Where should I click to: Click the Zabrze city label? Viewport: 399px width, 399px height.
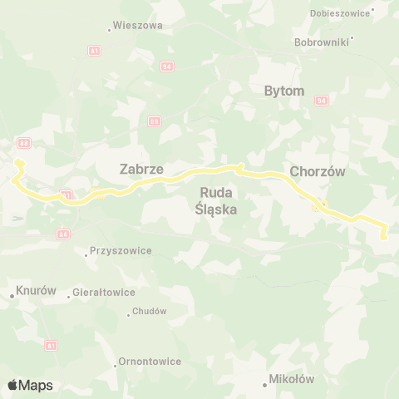[x=141, y=169]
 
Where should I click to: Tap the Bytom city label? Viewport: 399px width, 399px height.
[x=284, y=91]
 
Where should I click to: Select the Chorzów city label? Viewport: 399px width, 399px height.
[x=317, y=171]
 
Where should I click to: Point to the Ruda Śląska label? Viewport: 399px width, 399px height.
[x=218, y=201]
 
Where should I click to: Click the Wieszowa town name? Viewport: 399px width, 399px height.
[x=137, y=26]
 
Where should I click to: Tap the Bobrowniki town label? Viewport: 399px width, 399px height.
[x=322, y=41]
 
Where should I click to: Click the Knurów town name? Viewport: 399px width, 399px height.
[x=36, y=292]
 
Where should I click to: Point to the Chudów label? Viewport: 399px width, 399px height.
[x=150, y=311]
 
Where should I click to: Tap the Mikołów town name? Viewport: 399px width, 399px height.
[x=291, y=379]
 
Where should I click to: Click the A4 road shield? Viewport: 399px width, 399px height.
[x=63, y=234]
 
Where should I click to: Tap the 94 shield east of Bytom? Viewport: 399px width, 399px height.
[x=321, y=100]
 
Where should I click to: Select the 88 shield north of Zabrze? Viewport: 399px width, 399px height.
[x=155, y=121]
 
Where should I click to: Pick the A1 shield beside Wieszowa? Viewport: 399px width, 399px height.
[x=95, y=51]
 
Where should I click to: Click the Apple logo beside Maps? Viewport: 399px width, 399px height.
[x=13, y=385]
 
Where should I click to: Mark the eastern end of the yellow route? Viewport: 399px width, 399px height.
[x=383, y=238]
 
